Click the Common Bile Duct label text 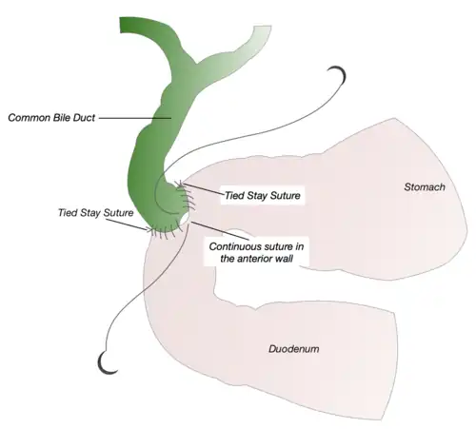tap(51, 118)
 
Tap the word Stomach tap(425, 187)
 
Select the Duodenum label tap(294, 349)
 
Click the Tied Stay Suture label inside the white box tap(263, 195)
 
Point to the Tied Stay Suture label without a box tap(95, 212)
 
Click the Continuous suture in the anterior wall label tap(256, 252)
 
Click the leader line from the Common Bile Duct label tap(135, 118)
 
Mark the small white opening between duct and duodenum tap(185, 219)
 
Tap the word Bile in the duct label tap(62, 118)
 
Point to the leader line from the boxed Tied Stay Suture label tap(202, 189)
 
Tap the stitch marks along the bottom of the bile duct tap(166, 231)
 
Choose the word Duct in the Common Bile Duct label tap(84, 118)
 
